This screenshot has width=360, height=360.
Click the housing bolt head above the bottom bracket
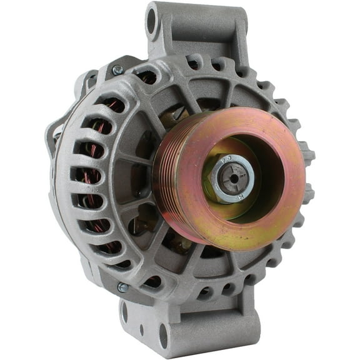click(122, 287)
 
